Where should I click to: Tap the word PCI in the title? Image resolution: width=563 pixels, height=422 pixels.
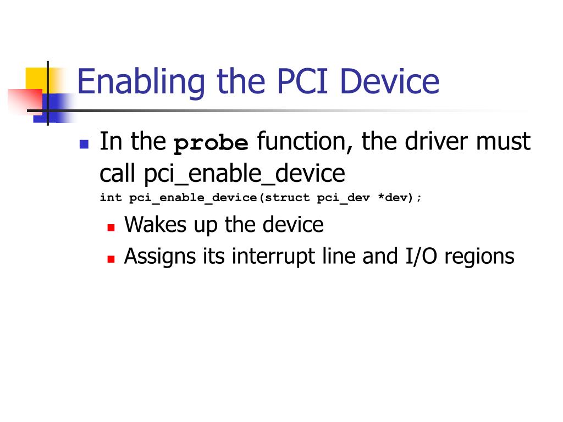click(x=302, y=81)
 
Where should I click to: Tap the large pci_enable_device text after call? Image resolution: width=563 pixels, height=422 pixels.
click(x=245, y=174)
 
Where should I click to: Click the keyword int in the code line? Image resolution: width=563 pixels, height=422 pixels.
click(x=111, y=197)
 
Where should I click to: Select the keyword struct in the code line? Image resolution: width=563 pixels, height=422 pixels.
click(x=287, y=197)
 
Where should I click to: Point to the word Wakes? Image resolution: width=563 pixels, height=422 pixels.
click(x=155, y=224)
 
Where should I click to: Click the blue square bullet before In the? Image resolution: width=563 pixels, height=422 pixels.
click(x=84, y=144)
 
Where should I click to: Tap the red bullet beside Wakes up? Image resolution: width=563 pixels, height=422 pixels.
click(x=111, y=227)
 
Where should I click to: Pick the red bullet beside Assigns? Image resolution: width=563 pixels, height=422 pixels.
click(x=111, y=259)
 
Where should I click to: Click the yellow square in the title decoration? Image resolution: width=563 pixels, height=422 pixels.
click(x=38, y=79)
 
